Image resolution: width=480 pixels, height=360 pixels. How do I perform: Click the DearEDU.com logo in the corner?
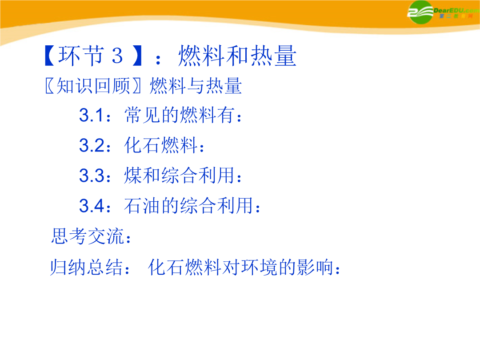click(443, 12)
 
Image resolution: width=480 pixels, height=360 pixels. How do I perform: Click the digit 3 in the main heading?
click(117, 56)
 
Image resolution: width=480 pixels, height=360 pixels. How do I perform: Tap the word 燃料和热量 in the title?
click(237, 56)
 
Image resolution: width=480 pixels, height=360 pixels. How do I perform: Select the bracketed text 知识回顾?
click(93, 86)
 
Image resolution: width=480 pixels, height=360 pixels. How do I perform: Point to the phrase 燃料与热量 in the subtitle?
click(196, 86)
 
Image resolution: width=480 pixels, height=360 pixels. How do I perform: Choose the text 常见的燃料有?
click(180, 115)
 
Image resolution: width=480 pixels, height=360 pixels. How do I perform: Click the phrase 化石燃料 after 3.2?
click(161, 145)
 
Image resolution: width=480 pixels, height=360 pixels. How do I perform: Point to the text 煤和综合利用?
click(180, 175)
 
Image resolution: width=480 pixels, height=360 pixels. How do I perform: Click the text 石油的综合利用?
click(188, 205)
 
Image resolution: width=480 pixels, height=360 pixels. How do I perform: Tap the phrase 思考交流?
click(87, 236)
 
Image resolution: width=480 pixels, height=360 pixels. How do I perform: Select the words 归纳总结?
click(87, 267)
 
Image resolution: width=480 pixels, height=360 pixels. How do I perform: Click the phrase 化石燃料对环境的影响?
click(240, 267)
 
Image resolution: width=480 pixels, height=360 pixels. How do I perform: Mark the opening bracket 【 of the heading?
click(50, 56)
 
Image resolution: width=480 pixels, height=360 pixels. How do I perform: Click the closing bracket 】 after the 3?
click(137, 56)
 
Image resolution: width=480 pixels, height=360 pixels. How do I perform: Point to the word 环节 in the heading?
click(81, 56)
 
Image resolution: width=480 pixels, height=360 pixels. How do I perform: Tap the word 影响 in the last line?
click(315, 267)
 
